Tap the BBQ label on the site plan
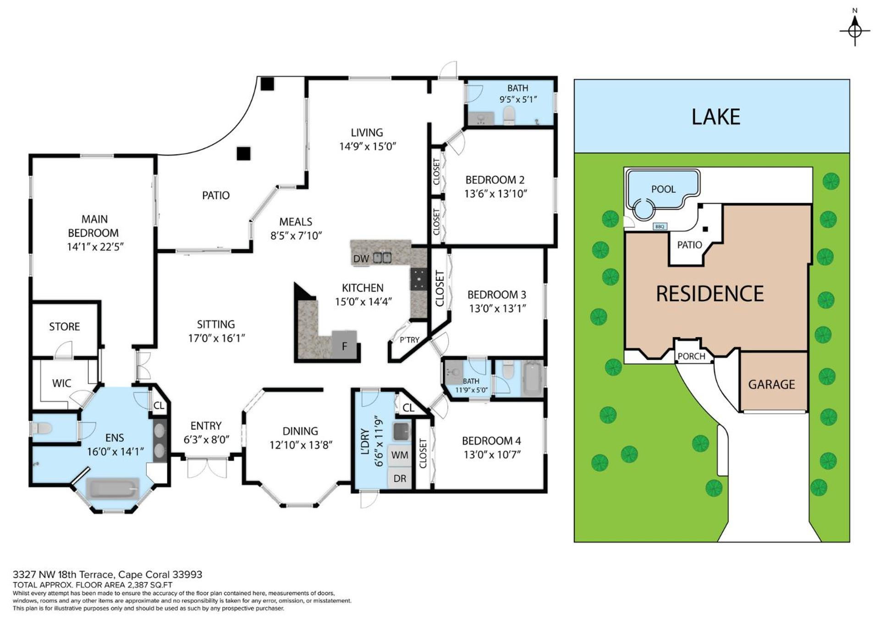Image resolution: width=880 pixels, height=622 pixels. [x=660, y=227]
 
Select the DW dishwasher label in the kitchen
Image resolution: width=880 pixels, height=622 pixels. [x=361, y=259]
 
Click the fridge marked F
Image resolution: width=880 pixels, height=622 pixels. [x=344, y=344]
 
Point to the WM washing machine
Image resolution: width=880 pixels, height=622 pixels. [x=400, y=455]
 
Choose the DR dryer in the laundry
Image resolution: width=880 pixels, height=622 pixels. [x=400, y=479]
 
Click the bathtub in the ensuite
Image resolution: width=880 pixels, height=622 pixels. [x=113, y=488]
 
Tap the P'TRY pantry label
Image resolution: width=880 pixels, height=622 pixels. [x=409, y=340]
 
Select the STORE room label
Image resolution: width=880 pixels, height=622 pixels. [x=65, y=327]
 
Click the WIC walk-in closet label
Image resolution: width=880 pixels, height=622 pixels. [x=62, y=383]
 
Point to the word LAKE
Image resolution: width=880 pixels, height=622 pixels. [x=715, y=117]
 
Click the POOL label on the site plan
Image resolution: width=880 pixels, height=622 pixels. [x=663, y=189]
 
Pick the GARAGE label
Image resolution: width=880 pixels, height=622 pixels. [x=772, y=384]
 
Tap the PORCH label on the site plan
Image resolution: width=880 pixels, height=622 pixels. [x=692, y=356]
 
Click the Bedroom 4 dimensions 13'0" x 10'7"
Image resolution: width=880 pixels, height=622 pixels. [x=491, y=455]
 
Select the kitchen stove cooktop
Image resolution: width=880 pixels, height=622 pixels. [x=418, y=278]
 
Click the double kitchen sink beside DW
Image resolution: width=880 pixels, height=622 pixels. [x=382, y=258]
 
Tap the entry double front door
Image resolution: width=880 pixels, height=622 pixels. [x=207, y=467]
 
